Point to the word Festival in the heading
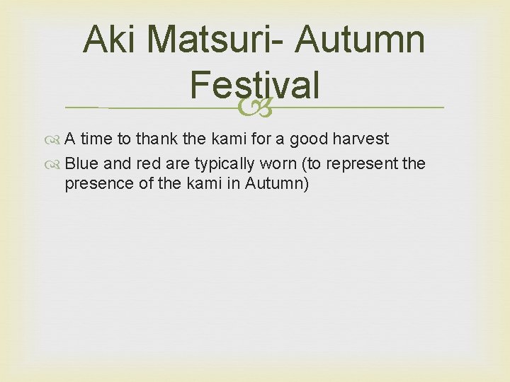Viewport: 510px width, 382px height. (x=254, y=86)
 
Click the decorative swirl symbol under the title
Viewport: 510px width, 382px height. (x=254, y=108)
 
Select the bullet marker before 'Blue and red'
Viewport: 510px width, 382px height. (x=57, y=164)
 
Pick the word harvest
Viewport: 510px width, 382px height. (x=361, y=139)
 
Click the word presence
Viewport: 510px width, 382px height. (x=96, y=184)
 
